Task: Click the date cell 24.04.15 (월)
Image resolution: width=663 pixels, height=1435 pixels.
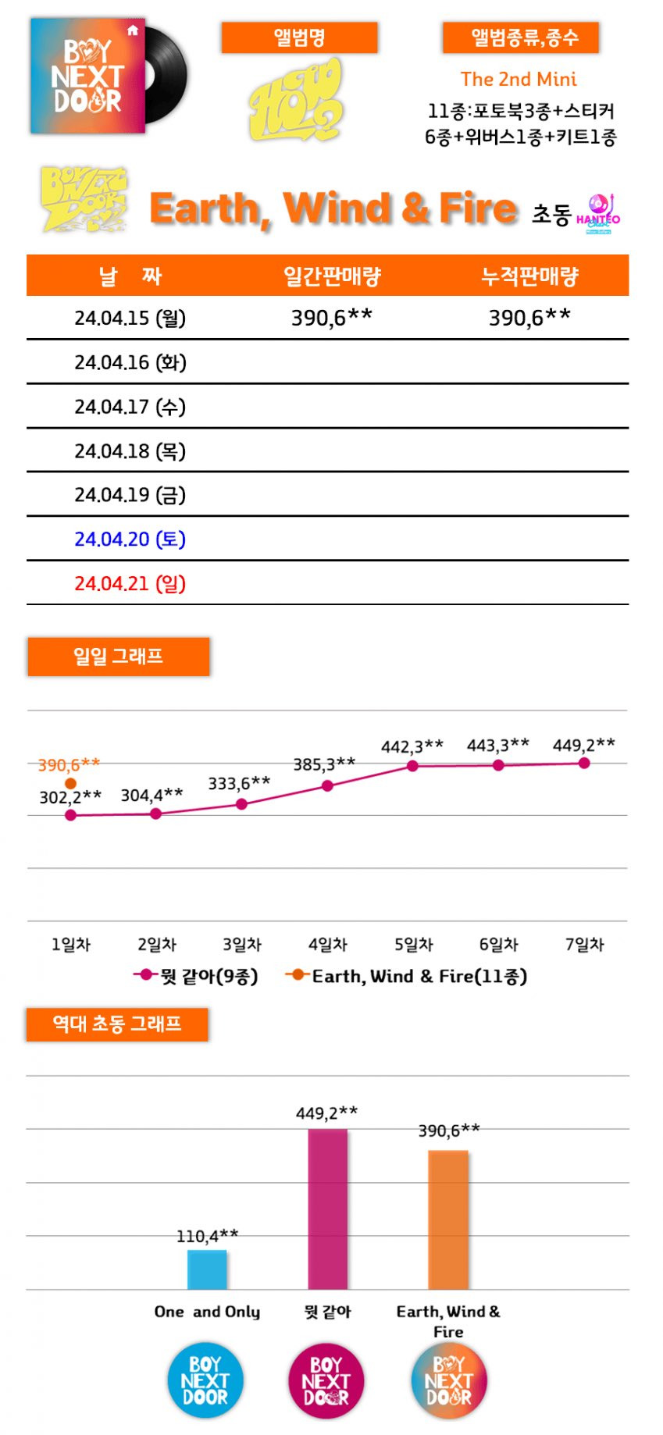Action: [130, 319]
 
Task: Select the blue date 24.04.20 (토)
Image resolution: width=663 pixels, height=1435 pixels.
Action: [130, 539]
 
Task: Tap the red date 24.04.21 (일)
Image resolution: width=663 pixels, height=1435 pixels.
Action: [130, 584]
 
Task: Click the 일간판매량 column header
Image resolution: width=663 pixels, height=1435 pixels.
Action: [332, 276]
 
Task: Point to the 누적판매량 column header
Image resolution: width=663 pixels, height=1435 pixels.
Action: [529, 276]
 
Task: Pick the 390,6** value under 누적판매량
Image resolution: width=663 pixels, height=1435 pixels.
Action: [529, 318]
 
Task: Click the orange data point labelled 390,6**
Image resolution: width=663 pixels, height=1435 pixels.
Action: [71, 783]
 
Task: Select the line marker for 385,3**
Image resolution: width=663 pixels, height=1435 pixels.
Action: [327, 786]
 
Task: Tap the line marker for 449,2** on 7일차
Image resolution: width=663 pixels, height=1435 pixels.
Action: [584, 763]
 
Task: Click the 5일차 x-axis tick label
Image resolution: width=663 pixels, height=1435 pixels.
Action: [413, 945]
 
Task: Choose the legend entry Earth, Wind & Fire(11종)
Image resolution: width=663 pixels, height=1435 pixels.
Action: [406, 976]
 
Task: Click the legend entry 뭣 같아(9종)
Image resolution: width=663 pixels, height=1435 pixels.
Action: [196, 976]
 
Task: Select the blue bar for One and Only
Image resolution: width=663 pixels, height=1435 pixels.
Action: [207, 1269]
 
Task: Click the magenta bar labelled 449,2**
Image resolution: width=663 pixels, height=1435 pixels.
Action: [328, 1209]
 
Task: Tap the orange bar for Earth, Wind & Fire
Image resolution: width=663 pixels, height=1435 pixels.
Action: [448, 1220]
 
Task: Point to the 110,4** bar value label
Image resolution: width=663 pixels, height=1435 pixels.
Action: [207, 1236]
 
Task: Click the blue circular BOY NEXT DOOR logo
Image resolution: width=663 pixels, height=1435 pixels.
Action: [205, 1380]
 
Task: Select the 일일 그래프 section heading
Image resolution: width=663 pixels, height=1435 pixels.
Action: [119, 657]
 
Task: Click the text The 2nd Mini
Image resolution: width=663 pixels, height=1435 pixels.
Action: [519, 79]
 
